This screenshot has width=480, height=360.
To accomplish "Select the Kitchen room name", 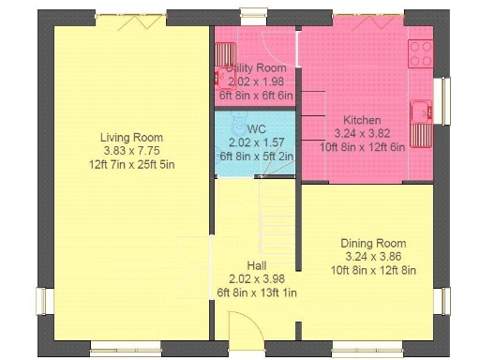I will (361, 120).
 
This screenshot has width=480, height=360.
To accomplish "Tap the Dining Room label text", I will (372, 243).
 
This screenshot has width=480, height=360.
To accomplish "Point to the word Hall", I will (256, 265).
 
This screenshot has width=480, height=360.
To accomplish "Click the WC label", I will (256, 128).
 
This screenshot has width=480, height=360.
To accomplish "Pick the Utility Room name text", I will (256, 69).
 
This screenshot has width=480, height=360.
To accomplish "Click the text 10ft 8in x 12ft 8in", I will (372, 270).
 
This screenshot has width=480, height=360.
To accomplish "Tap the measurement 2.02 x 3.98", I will (256, 278).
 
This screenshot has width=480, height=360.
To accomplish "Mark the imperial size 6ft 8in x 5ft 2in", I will (256, 156).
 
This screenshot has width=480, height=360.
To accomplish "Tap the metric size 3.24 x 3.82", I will (361, 133).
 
